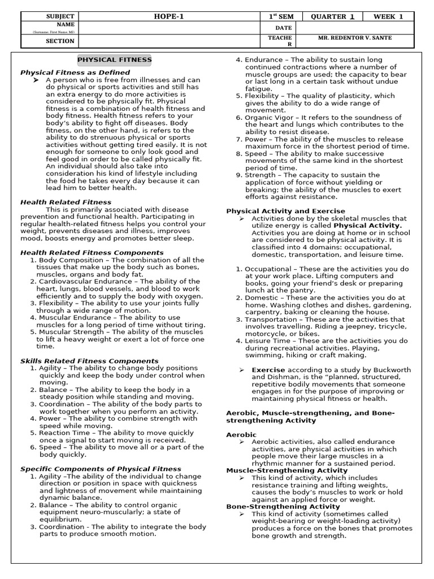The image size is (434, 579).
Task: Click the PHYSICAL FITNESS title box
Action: [114, 60]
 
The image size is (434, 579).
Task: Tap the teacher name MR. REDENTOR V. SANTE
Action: [355, 38]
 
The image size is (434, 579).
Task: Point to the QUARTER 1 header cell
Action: [332, 16]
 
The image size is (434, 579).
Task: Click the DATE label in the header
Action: [283, 28]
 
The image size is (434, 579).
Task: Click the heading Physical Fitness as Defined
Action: [75, 72]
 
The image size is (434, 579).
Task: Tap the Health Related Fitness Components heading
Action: [92, 253]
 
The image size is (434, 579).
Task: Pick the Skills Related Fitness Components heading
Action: [89, 361]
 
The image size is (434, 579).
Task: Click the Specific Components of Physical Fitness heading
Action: [101, 469]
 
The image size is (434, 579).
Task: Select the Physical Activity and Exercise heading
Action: [285, 211]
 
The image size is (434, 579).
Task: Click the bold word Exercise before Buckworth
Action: [268, 370]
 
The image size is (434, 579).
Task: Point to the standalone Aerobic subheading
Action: [241, 434]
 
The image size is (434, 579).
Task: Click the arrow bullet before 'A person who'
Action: [36, 80]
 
